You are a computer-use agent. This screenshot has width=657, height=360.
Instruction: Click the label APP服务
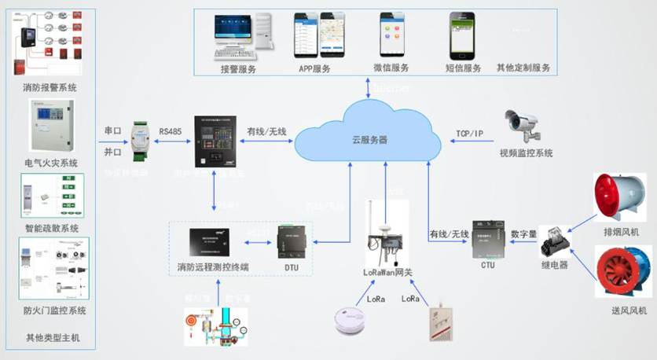coord(314,68)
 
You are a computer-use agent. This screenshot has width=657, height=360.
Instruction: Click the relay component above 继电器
coord(554,240)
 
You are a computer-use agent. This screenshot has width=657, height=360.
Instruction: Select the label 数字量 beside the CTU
coord(524,234)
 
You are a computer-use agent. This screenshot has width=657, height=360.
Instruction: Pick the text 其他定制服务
coord(523,68)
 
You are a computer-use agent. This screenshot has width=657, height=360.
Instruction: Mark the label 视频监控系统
coord(526,153)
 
